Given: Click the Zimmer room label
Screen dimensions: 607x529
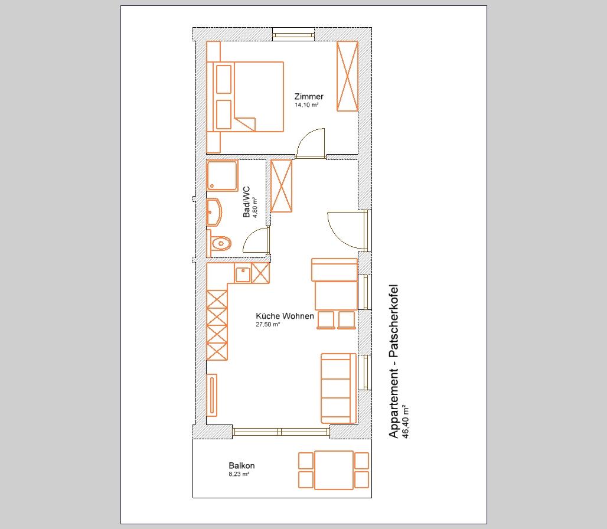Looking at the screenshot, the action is pyautogui.click(x=309, y=96).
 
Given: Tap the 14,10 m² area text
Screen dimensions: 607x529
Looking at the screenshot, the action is pyautogui.click(x=306, y=105).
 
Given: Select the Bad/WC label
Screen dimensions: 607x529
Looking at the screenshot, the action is pyautogui.click(x=247, y=202).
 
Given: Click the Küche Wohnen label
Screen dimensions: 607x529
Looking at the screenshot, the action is pyautogui.click(x=285, y=316).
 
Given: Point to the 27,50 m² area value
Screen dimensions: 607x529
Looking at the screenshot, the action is pyautogui.click(x=267, y=325).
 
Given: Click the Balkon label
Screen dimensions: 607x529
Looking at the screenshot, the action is pyautogui.click(x=242, y=466).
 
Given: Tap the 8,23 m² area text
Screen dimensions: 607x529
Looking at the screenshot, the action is pyautogui.click(x=239, y=474).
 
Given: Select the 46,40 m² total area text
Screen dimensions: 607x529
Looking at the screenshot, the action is pyautogui.click(x=406, y=422).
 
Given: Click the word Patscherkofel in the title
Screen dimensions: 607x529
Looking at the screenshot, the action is pyautogui.click(x=393, y=321).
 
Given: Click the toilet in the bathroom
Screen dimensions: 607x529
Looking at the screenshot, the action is pyautogui.click(x=220, y=243).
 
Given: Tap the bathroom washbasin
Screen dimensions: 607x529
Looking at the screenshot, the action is pyautogui.click(x=214, y=212).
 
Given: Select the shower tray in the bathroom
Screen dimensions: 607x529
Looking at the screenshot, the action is pyautogui.click(x=222, y=176).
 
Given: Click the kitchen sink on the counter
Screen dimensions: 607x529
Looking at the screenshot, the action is pyautogui.click(x=243, y=274).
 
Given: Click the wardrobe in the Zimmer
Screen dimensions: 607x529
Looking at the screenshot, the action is pyautogui.click(x=347, y=76).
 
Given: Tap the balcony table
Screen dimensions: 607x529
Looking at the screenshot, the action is pyautogui.click(x=334, y=470).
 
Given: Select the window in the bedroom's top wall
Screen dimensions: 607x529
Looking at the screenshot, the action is pyautogui.click(x=293, y=34).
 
